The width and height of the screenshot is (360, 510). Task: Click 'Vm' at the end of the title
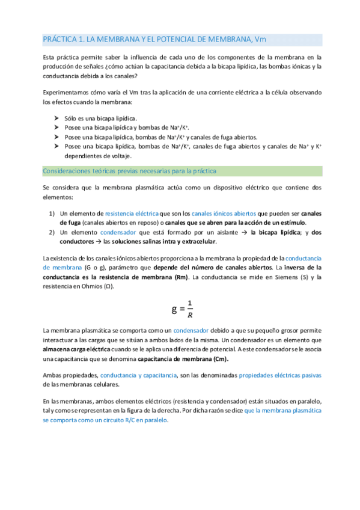tap(260, 40)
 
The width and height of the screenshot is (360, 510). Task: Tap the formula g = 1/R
tap(182, 309)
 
